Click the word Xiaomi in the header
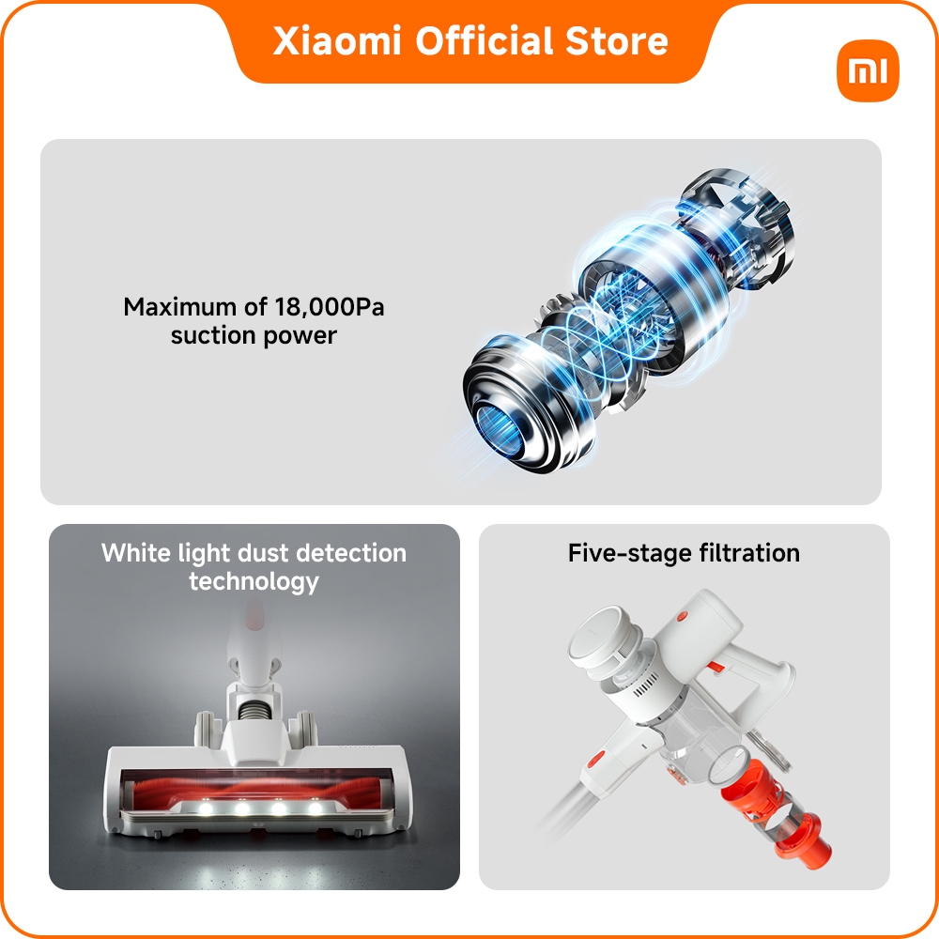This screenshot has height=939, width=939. [x=336, y=41]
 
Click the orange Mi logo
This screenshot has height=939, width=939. [x=868, y=71]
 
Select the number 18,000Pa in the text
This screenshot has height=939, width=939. [x=330, y=307]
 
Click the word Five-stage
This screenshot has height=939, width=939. [x=623, y=553]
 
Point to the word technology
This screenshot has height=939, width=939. [x=254, y=581]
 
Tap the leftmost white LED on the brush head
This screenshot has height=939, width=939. [x=206, y=808]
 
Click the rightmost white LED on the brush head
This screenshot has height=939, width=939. [x=315, y=808]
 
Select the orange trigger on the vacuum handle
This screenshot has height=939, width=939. [x=715, y=669]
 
